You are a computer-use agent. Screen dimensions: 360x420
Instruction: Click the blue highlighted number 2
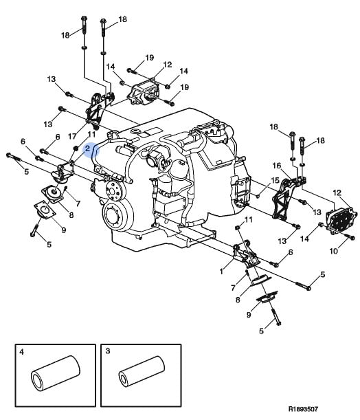(x=87, y=148)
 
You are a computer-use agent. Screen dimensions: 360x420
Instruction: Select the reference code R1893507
(x=303, y=409)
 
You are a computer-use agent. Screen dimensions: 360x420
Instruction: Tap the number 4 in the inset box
(x=22, y=352)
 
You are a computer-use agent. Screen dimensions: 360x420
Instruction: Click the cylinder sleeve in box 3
(x=142, y=371)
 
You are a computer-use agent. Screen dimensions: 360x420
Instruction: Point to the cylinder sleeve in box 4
(x=56, y=373)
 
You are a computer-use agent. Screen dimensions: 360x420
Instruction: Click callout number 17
(x=71, y=136)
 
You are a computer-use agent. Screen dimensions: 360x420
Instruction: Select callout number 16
(x=276, y=166)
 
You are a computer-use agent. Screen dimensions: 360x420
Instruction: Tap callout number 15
(x=275, y=180)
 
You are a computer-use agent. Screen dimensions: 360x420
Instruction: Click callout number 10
(x=333, y=251)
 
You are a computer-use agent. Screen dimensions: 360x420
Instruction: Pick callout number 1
(x=221, y=272)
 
